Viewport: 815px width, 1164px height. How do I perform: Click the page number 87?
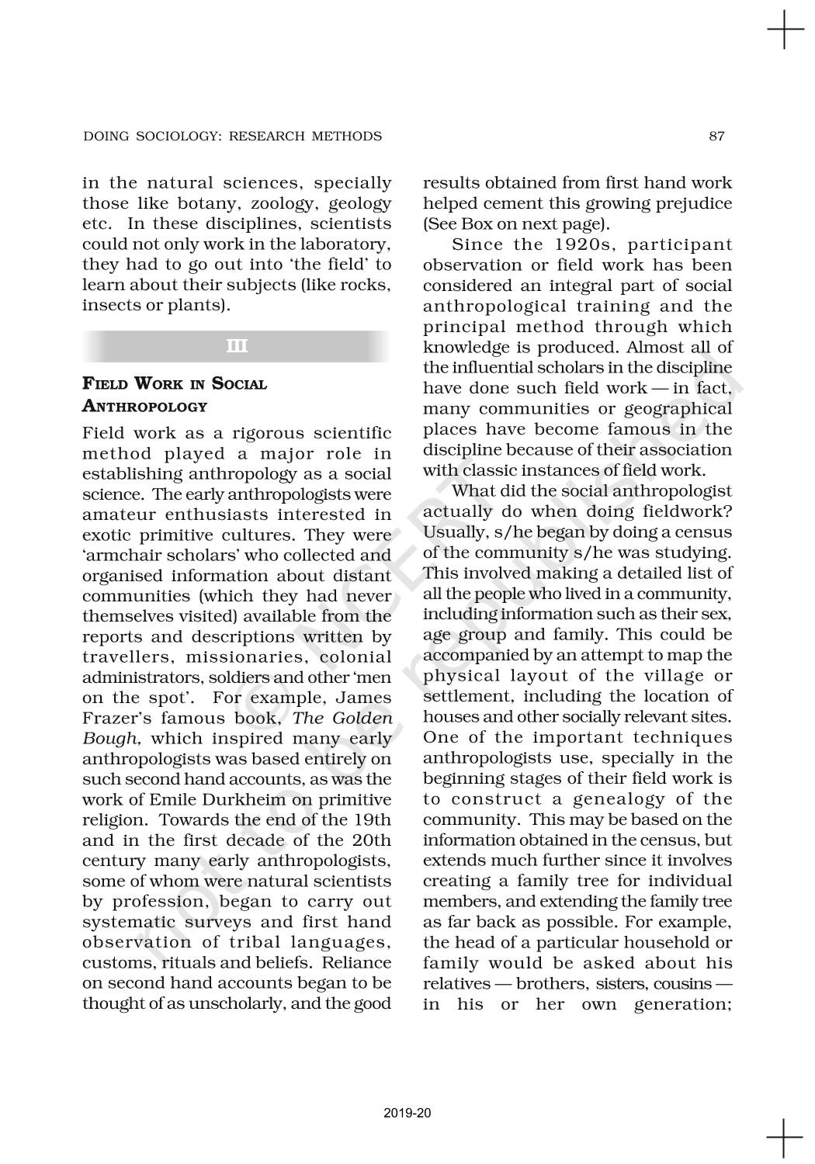click(x=716, y=137)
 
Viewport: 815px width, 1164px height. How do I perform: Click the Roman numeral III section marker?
click(x=237, y=346)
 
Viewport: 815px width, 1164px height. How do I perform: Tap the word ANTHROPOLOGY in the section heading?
click(x=145, y=406)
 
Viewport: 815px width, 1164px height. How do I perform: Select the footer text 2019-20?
click(x=407, y=1113)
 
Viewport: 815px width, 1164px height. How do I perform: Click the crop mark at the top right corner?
click(x=785, y=32)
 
